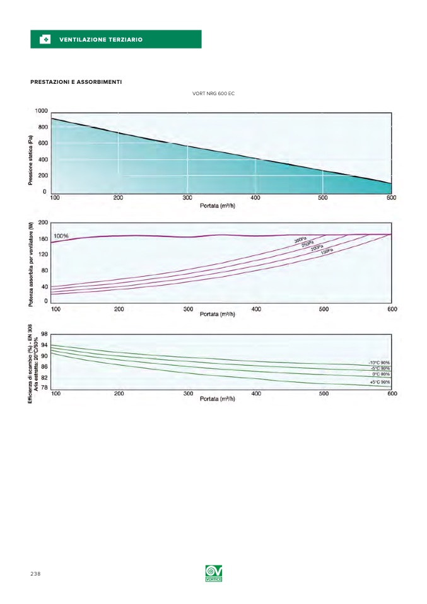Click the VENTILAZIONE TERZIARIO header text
tap(101, 40)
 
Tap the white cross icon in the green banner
tap(45, 40)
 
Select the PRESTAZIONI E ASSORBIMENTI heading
tap(76, 82)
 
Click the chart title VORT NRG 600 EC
tap(213, 94)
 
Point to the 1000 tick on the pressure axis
tap(41, 111)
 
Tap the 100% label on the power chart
tap(61, 236)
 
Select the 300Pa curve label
tap(300, 240)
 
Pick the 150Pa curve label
tap(327, 252)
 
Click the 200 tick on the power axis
tap(43, 223)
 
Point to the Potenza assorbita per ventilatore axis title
tap(30, 265)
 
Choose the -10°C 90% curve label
tap(379, 363)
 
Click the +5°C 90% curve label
tap(380, 382)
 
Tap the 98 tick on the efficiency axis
tap(45, 334)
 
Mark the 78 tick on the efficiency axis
tap(45, 387)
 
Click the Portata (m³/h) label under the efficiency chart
tap(218, 399)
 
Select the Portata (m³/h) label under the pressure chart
tap(218, 206)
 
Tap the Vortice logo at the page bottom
tap(214, 574)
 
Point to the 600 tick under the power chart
tap(392, 309)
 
